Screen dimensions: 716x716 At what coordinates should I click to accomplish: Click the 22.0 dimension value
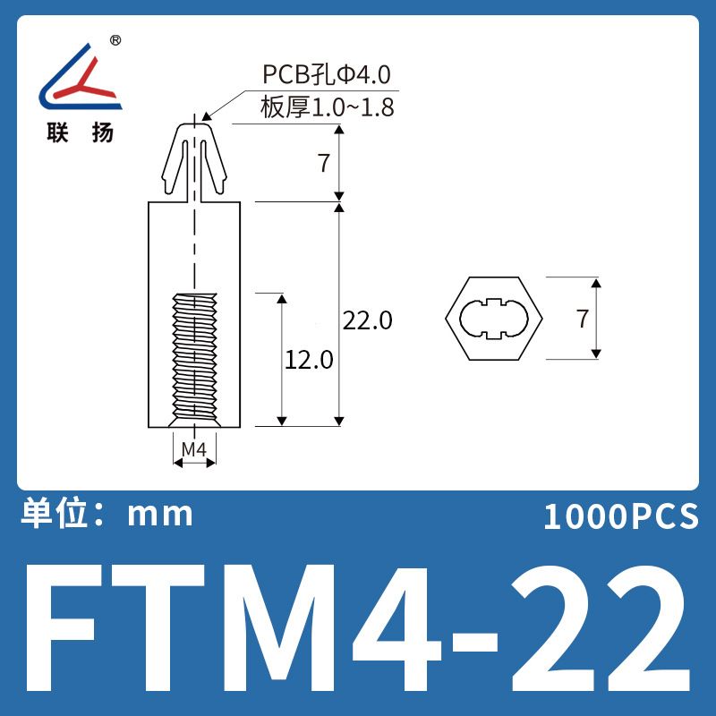click(367, 320)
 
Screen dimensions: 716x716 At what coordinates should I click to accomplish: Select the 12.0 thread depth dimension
click(309, 360)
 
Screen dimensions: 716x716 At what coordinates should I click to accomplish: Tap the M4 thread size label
click(194, 450)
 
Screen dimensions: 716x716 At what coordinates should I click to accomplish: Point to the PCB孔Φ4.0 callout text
click(327, 74)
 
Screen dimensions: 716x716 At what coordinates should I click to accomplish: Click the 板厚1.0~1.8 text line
click(327, 107)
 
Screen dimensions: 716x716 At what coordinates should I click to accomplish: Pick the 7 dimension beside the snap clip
click(324, 163)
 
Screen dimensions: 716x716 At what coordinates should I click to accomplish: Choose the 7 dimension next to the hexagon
click(583, 319)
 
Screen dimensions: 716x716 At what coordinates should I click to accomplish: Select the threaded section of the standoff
click(194, 360)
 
